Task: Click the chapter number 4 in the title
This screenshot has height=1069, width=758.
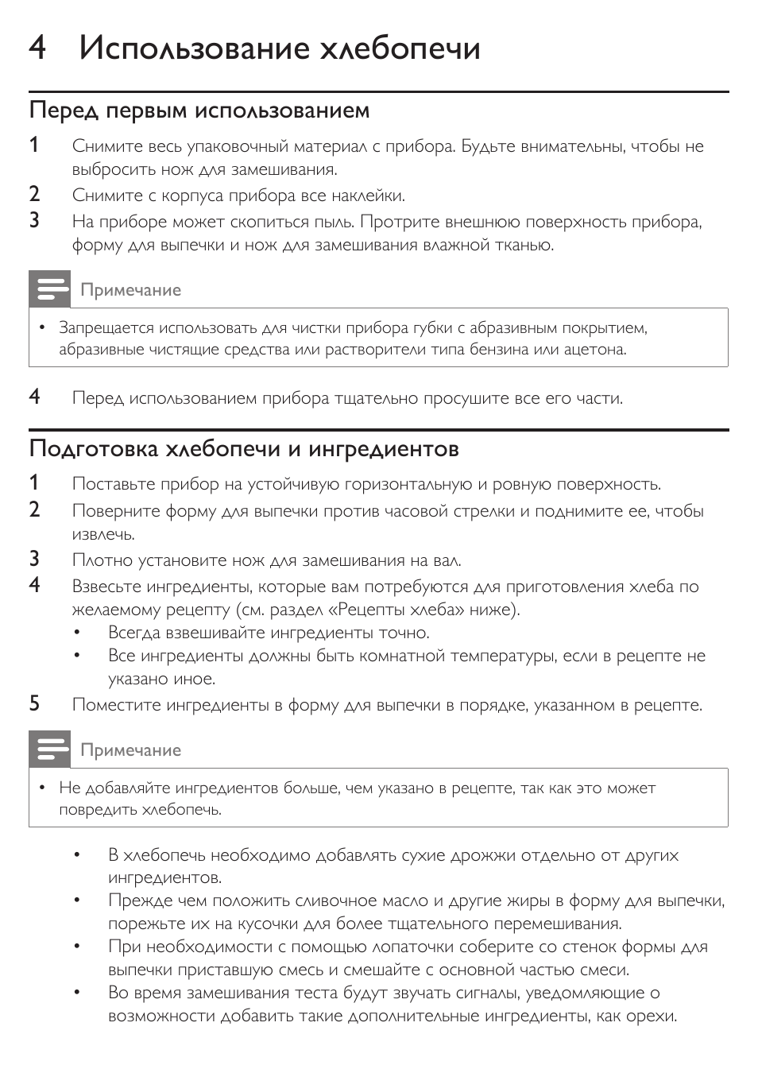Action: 37,48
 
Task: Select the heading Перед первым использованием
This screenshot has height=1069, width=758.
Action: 199,110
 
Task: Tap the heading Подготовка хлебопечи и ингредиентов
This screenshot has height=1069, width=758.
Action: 244,449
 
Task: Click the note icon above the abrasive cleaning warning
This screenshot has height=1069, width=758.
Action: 49,289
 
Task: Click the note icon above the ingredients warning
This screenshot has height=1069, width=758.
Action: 49,749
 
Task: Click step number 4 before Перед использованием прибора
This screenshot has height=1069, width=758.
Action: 35,397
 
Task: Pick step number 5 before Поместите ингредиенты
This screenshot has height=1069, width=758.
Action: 35,703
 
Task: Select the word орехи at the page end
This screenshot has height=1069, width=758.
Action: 651,1016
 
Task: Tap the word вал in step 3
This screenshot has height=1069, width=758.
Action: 447,560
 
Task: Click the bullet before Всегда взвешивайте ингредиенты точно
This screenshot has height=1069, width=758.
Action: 78,633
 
